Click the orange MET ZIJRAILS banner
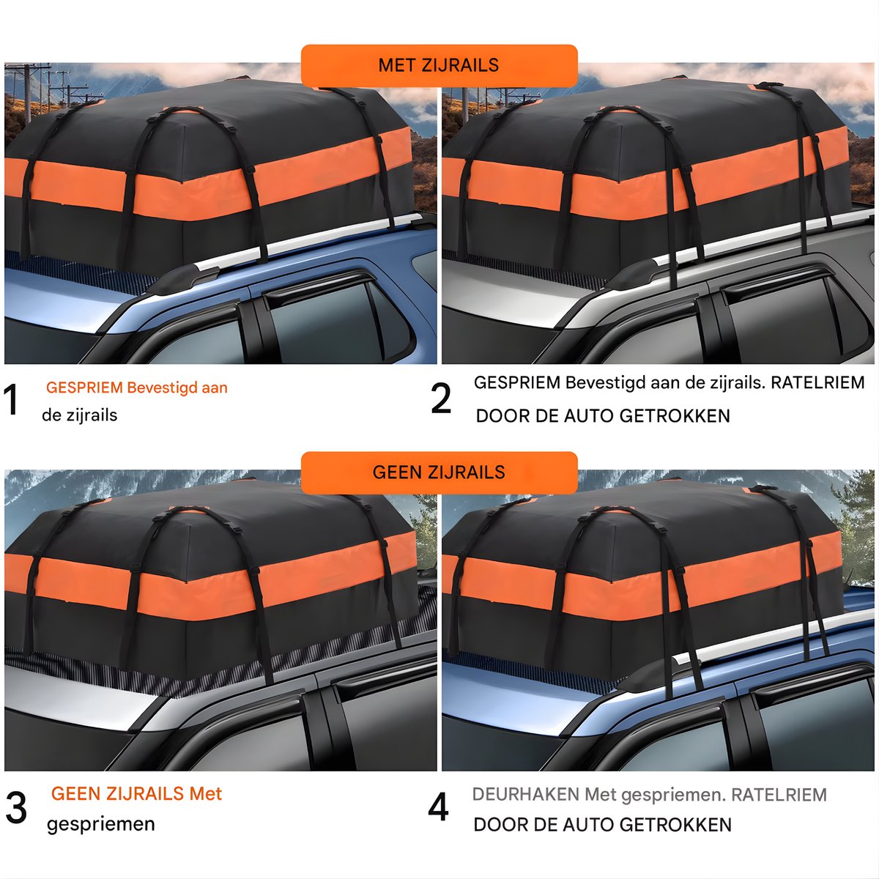(x=439, y=66)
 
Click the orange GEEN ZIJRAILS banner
(x=439, y=472)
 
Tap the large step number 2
(x=441, y=398)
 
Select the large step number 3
(x=16, y=808)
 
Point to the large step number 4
(x=438, y=807)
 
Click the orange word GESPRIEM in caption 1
(x=84, y=387)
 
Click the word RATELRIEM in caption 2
(x=817, y=382)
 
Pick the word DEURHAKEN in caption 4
(x=525, y=795)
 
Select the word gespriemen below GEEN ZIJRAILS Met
(x=101, y=824)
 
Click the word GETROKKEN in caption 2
(x=675, y=416)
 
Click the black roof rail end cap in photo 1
(x=186, y=278)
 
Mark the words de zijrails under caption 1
(x=79, y=415)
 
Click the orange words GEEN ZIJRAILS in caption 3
(x=117, y=794)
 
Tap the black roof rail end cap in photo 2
(x=635, y=275)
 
